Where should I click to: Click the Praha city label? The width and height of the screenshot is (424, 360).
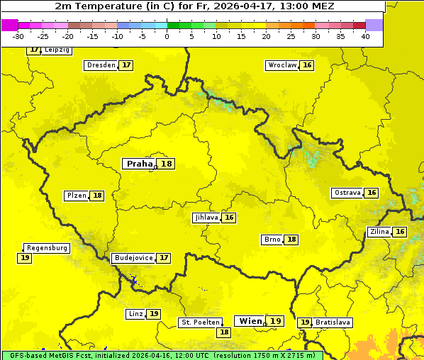click(x=139, y=164)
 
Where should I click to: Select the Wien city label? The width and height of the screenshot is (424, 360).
click(x=251, y=321)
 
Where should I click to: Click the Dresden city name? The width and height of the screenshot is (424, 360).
click(x=101, y=65)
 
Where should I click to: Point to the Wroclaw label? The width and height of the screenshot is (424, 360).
click(x=281, y=65)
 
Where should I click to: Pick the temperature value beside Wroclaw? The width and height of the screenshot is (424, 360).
click(x=307, y=65)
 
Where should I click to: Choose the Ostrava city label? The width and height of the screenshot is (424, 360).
click(x=347, y=193)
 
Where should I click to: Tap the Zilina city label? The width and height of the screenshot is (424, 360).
click(x=379, y=232)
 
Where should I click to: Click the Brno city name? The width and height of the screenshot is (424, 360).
click(x=272, y=240)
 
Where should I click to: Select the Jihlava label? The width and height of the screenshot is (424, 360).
click(x=206, y=218)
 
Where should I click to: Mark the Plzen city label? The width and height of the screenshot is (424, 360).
click(x=76, y=196)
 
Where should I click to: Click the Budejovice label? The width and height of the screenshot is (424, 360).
click(x=133, y=258)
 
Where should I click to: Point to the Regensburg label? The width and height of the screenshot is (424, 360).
click(x=47, y=248)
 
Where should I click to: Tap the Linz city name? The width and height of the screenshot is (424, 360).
click(x=135, y=314)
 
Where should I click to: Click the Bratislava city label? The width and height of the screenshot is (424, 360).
click(x=333, y=322)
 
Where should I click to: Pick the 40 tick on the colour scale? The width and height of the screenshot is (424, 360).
click(x=365, y=35)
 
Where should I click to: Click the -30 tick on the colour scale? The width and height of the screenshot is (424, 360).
click(x=18, y=35)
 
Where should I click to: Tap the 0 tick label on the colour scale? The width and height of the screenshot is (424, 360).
click(x=167, y=35)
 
